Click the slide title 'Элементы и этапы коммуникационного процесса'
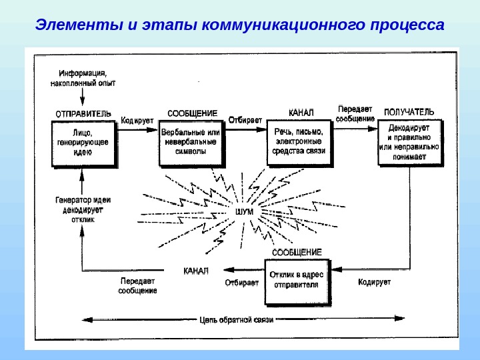[239, 26]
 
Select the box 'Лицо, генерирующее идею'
[82, 142]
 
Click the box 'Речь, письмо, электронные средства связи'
[299, 142]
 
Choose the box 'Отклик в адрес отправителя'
[297, 279]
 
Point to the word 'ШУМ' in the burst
[245, 211]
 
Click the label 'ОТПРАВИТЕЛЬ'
[83, 113]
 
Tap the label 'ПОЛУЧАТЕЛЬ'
[409, 111]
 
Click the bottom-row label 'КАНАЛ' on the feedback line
[196, 271]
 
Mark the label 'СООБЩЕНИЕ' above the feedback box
[297, 253]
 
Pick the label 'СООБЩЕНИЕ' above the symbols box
[192, 113]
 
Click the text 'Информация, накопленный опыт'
[83, 79]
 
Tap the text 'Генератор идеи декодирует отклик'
[83, 209]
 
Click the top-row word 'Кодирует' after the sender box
[137, 121]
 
